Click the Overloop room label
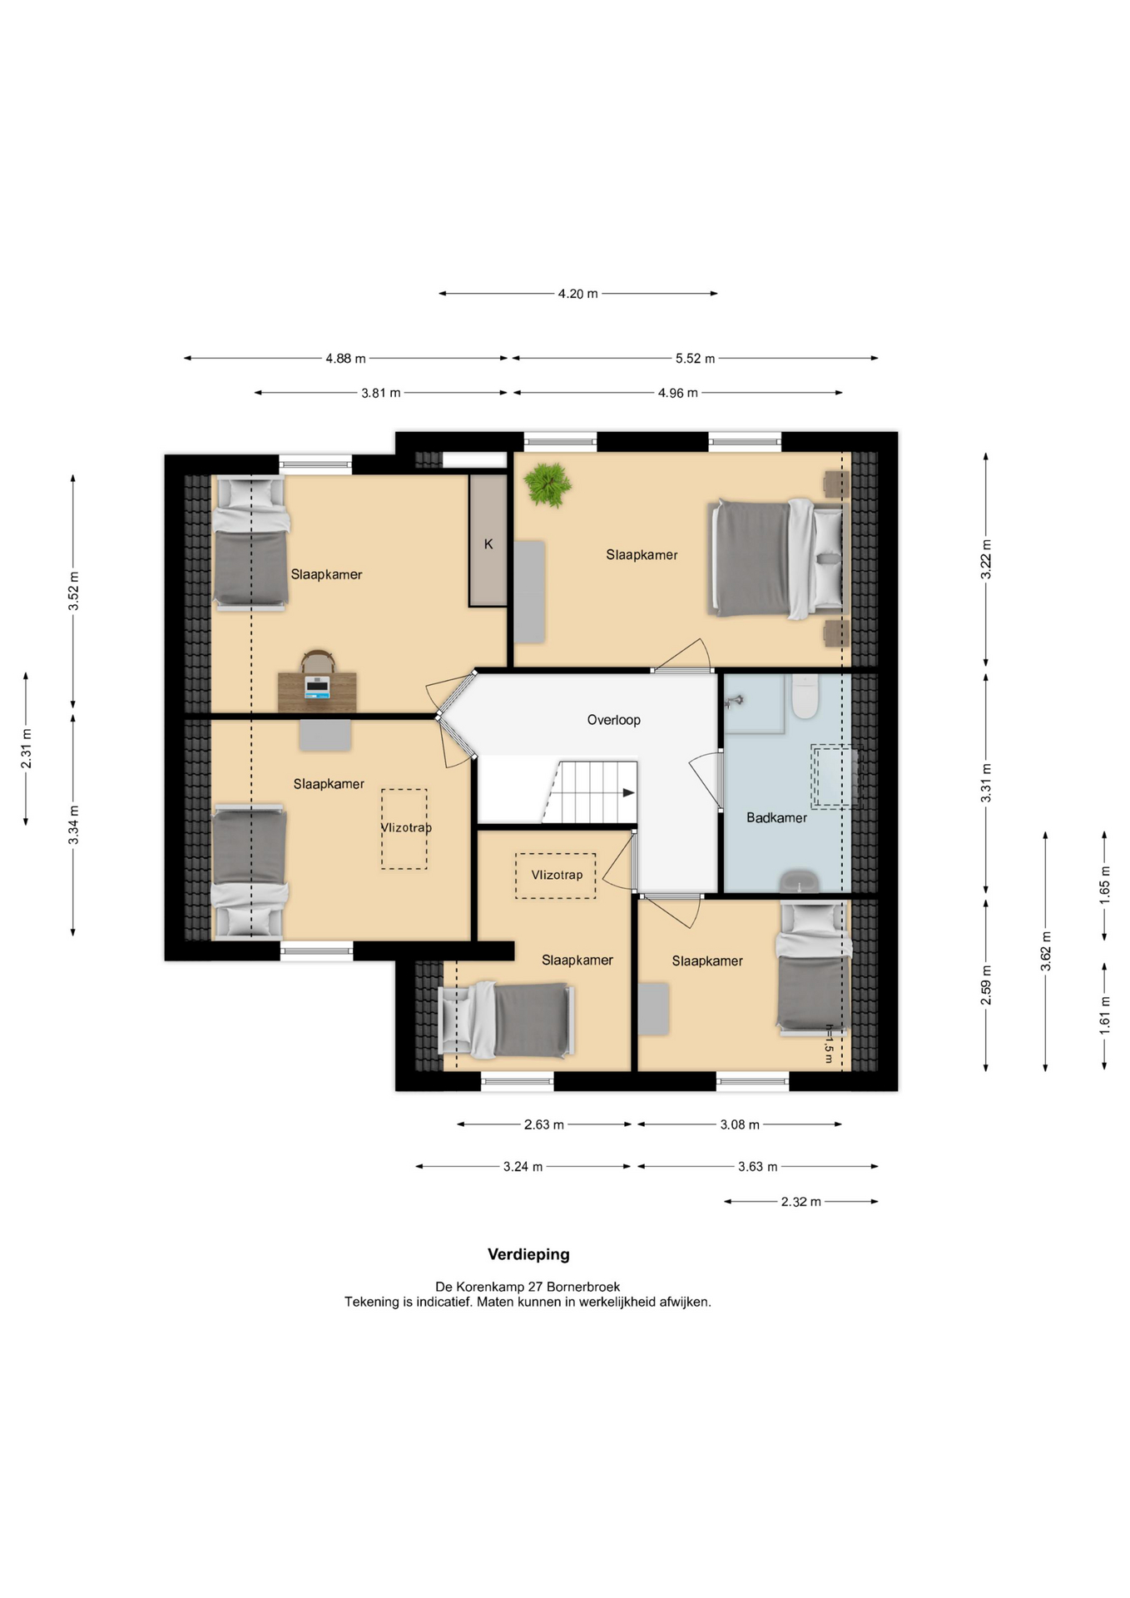coord(613,720)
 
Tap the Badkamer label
coord(776,817)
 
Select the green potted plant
coord(548,484)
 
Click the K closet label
coord(488,543)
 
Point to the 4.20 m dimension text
coord(577,294)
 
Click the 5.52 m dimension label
coord(695,359)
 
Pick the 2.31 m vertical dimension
coord(27,749)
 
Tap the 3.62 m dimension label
coord(1046,951)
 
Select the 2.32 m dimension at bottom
coord(800,1202)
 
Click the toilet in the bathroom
coord(805,696)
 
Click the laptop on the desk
coord(317,687)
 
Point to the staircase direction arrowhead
coord(629,792)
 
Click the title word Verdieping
coord(528,1254)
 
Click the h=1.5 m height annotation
coord(829,1044)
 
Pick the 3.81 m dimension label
coord(381,393)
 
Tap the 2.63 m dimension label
coord(544,1125)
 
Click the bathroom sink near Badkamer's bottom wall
coord(799,881)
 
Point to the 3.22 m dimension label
coord(986,559)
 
